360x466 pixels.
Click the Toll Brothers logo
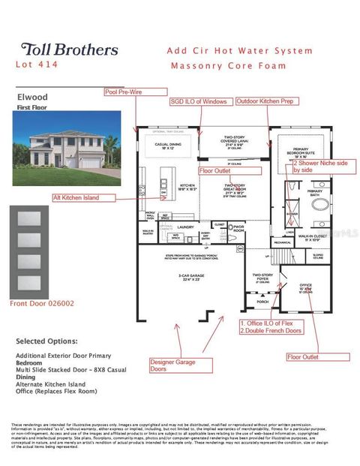click(x=69, y=50)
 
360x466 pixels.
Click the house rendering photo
click(x=58, y=145)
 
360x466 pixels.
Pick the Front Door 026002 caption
click(x=42, y=303)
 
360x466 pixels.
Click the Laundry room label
click(x=187, y=225)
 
